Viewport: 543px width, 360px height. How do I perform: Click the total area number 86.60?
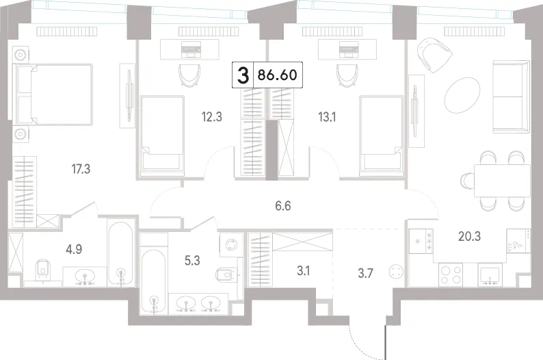(278, 75)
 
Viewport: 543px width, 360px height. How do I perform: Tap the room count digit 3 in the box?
(243, 75)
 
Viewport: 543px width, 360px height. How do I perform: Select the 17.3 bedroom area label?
(81, 169)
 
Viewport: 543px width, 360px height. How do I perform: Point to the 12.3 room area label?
(212, 117)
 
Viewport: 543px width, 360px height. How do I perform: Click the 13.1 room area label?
(327, 117)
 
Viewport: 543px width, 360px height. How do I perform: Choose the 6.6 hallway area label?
(283, 206)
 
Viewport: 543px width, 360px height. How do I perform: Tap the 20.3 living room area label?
(469, 236)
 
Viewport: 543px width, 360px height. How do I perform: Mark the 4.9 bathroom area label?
(74, 249)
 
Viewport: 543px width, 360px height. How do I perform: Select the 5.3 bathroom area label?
(192, 261)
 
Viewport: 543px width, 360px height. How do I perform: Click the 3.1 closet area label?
(303, 271)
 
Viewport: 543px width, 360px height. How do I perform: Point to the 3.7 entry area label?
(365, 273)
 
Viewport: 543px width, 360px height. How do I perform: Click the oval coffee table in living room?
(462, 94)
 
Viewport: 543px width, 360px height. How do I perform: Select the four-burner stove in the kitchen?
(451, 274)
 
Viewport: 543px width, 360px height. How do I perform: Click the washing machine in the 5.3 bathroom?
(230, 245)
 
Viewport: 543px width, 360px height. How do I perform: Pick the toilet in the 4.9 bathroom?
(43, 269)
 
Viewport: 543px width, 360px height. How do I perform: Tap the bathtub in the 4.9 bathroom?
(120, 253)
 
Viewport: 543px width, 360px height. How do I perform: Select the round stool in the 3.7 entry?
(396, 271)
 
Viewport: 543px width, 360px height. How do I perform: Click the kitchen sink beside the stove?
(490, 274)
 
